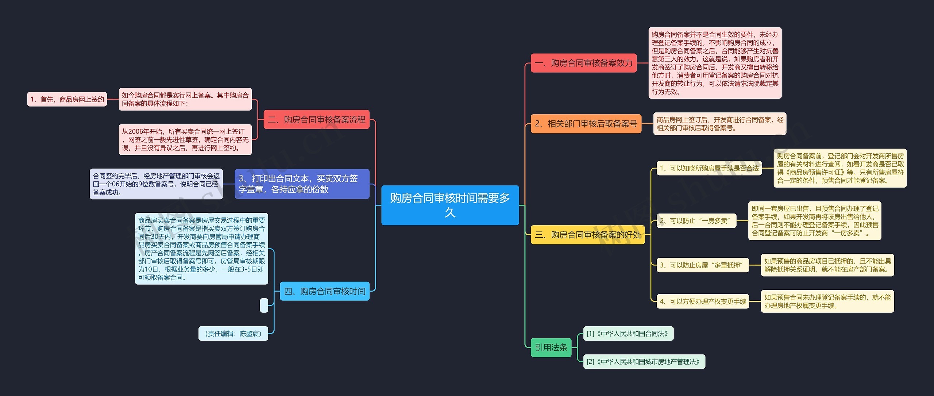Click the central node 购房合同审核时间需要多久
click(x=450, y=205)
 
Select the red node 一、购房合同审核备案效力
click(x=583, y=63)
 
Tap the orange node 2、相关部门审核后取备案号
click(x=586, y=124)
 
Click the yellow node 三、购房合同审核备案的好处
click(x=587, y=234)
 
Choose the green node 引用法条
click(x=551, y=347)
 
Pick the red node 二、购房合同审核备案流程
click(x=316, y=119)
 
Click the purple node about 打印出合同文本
click(x=302, y=184)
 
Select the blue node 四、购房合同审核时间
click(x=324, y=291)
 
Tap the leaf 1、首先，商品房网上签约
click(x=67, y=99)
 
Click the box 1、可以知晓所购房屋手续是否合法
click(x=709, y=168)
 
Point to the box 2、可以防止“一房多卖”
click(x=696, y=221)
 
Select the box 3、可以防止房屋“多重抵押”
click(x=702, y=265)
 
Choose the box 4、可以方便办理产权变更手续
click(x=703, y=301)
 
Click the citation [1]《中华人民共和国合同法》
click(x=628, y=334)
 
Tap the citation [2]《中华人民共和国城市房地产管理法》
click(x=644, y=362)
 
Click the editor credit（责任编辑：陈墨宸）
click(x=233, y=334)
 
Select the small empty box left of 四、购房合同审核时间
click(x=264, y=305)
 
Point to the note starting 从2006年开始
click(x=185, y=140)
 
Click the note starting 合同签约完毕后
click(x=156, y=184)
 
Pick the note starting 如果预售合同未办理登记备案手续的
click(x=827, y=301)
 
